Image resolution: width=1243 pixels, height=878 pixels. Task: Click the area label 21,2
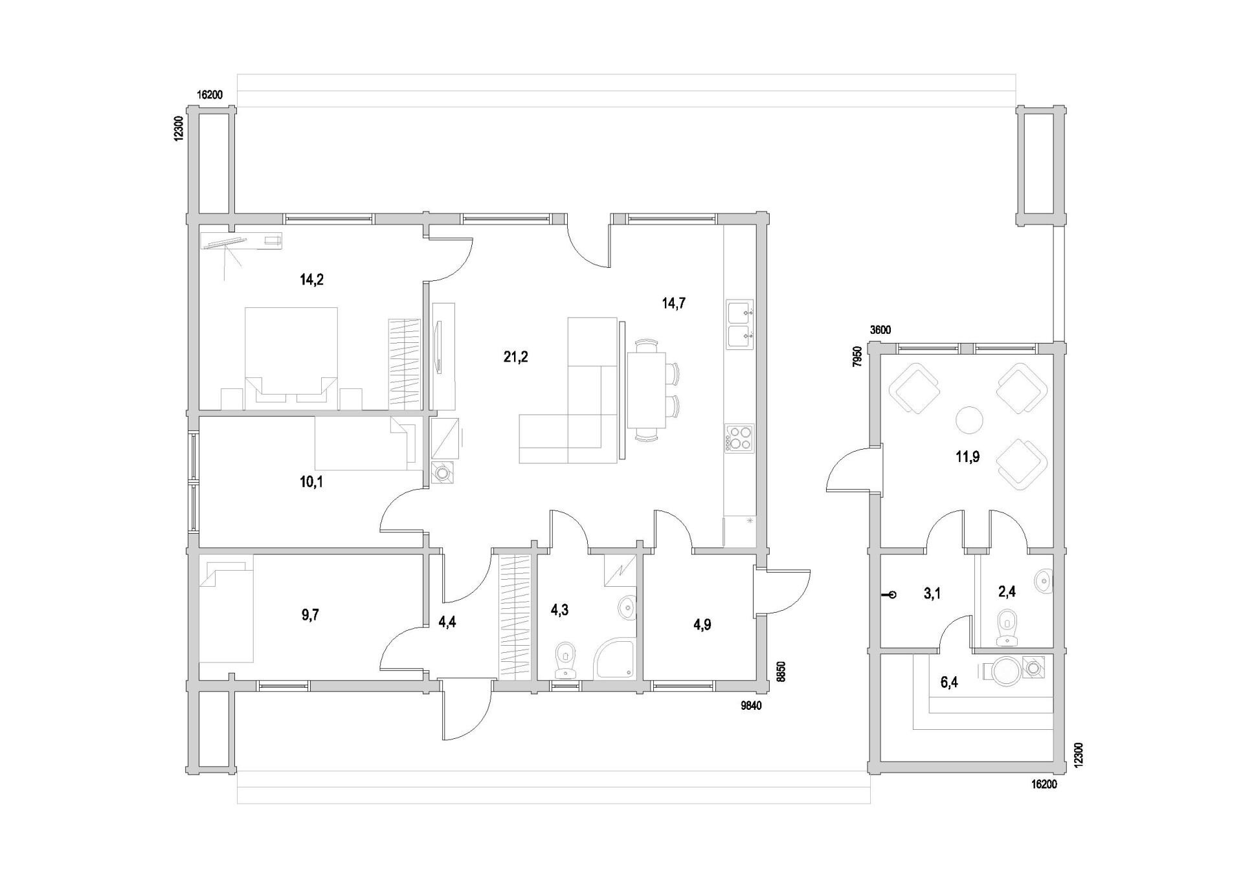[x=515, y=357]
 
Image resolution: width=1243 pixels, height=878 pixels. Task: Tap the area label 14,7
[x=673, y=303]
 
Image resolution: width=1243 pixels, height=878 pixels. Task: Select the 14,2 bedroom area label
[x=311, y=280]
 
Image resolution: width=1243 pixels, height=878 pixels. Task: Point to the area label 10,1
[x=311, y=481]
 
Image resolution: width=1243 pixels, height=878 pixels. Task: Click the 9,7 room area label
[x=310, y=615]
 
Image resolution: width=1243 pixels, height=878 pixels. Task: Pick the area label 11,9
[x=967, y=457]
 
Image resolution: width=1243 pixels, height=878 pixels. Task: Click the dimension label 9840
[x=751, y=706]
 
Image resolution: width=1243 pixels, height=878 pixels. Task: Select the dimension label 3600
[x=880, y=330]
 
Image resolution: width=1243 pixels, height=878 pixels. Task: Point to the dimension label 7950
[x=857, y=357]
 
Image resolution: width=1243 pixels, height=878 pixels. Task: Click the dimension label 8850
[x=781, y=672]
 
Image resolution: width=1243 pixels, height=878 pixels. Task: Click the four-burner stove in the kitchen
[x=739, y=437]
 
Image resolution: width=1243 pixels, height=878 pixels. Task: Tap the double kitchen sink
[x=739, y=325]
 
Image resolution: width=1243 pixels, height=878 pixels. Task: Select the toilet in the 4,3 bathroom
[x=566, y=661]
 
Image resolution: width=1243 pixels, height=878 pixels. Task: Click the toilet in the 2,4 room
[x=1007, y=627]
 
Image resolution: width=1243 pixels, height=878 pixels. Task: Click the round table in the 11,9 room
[x=969, y=420]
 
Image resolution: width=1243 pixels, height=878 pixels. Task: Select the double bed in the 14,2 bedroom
[x=291, y=358]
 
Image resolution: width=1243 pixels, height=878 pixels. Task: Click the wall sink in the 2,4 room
[x=1044, y=580]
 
